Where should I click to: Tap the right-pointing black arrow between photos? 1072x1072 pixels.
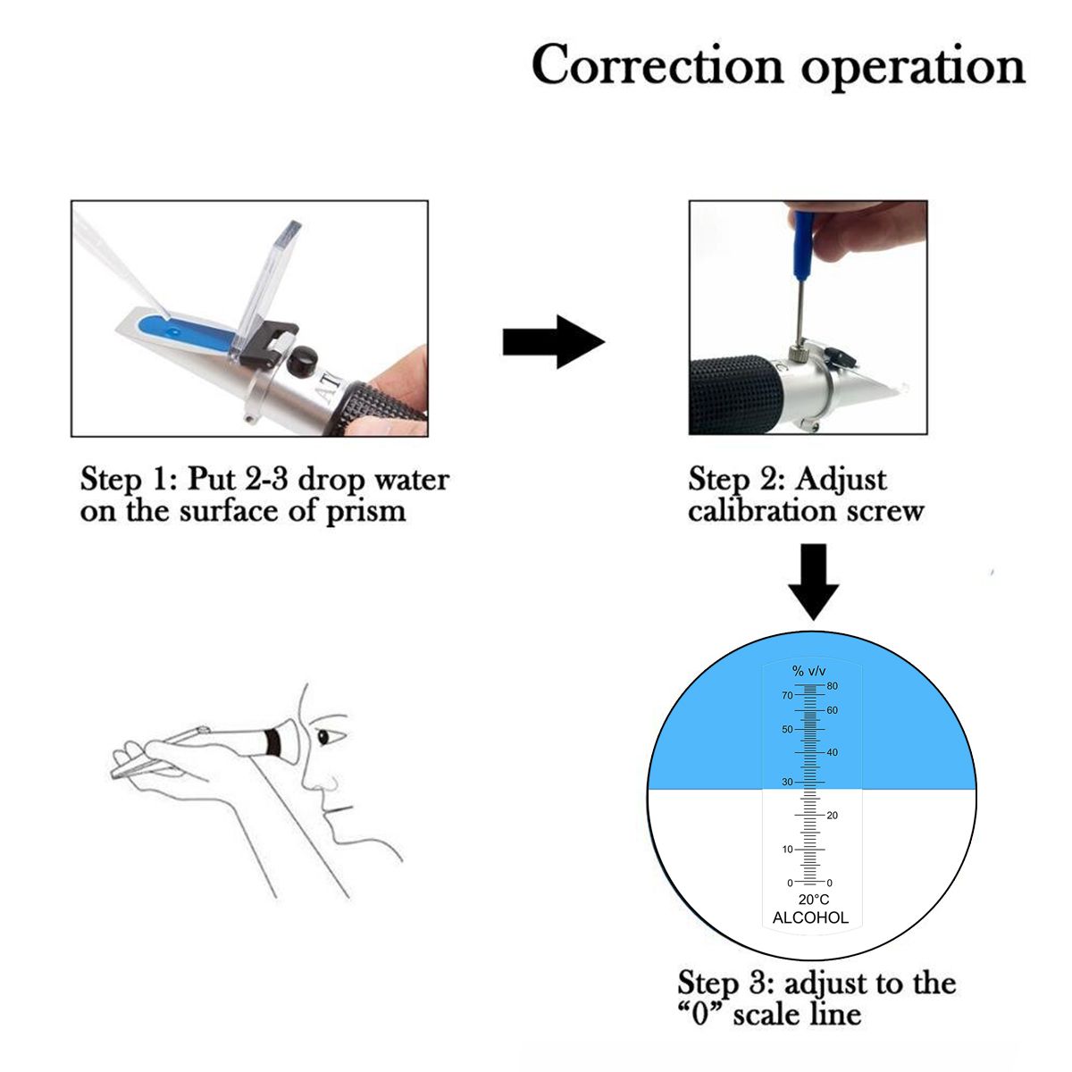click(x=554, y=341)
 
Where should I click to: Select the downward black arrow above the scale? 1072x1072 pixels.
click(x=814, y=581)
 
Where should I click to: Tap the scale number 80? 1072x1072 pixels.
click(x=833, y=686)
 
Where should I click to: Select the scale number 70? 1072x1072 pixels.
click(x=787, y=695)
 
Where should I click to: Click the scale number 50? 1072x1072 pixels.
click(x=787, y=729)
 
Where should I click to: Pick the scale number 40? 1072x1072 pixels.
click(x=833, y=752)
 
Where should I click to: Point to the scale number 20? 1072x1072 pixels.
click(x=833, y=816)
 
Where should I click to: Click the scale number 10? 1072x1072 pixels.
click(x=787, y=849)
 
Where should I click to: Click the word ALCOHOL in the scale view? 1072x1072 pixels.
click(x=810, y=917)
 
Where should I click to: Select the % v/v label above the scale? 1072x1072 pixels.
click(x=809, y=671)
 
